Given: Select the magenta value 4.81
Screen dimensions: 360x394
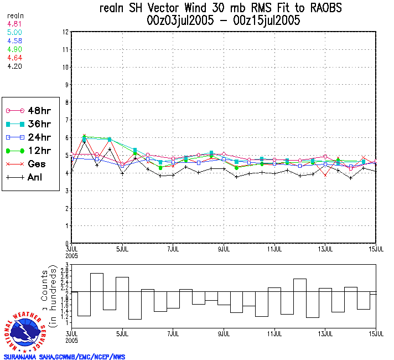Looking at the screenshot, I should click(14, 24).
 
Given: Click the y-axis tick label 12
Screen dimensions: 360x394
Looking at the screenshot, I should click(65, 32).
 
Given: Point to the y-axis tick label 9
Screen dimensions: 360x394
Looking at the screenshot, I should click(66, 85).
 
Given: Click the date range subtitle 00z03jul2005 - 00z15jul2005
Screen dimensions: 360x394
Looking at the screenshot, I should click(224, 21).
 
